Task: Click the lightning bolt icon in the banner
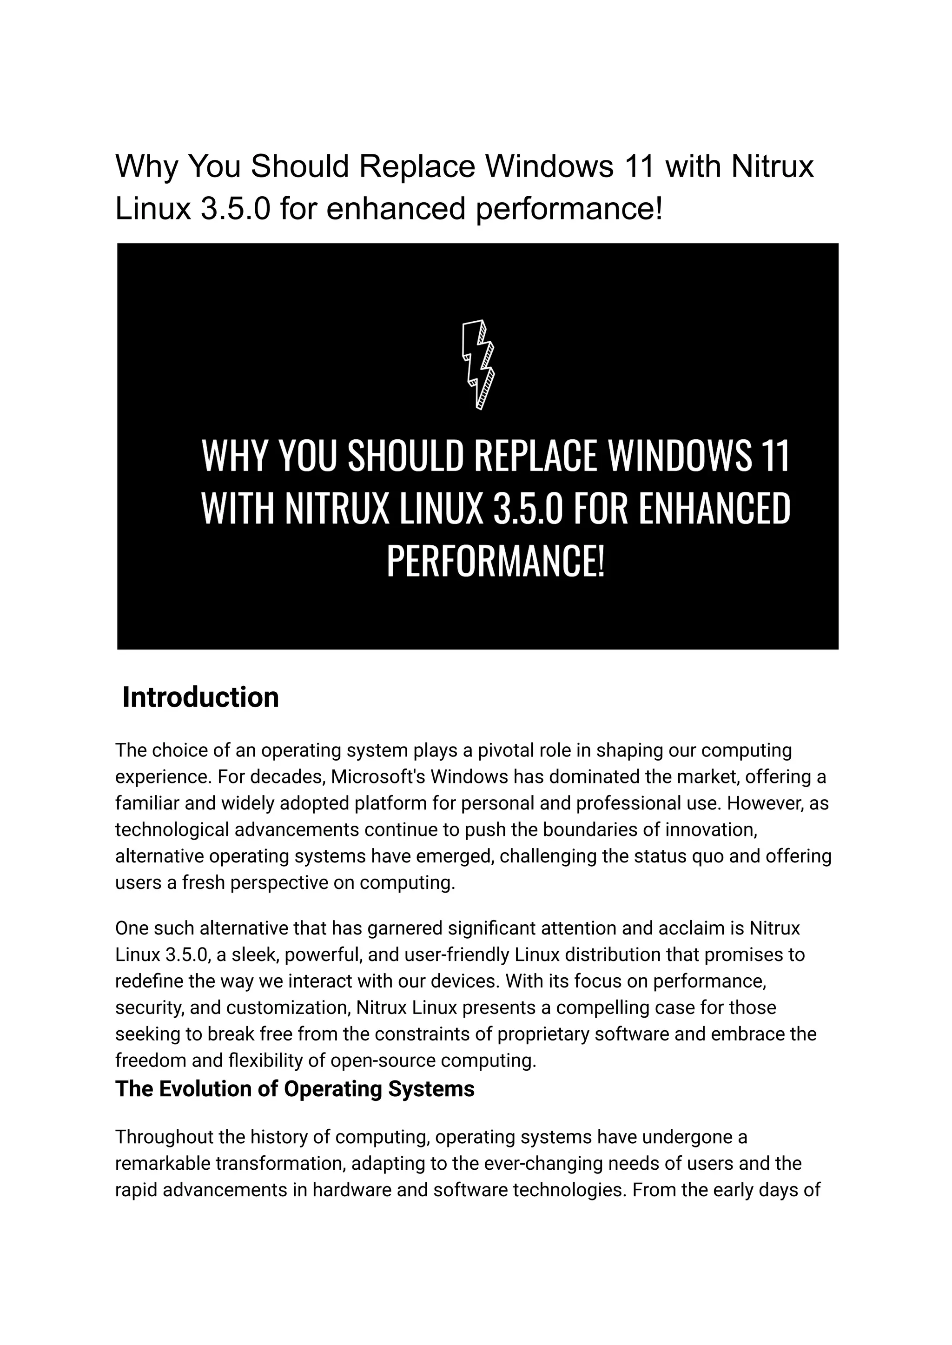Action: [478, 364]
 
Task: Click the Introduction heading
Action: [200, 698]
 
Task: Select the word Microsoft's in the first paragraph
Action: [377, 777]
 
